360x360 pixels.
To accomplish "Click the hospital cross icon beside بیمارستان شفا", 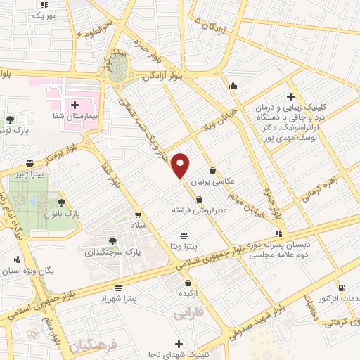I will point(75,104).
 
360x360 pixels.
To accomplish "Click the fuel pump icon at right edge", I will point(342,287).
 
